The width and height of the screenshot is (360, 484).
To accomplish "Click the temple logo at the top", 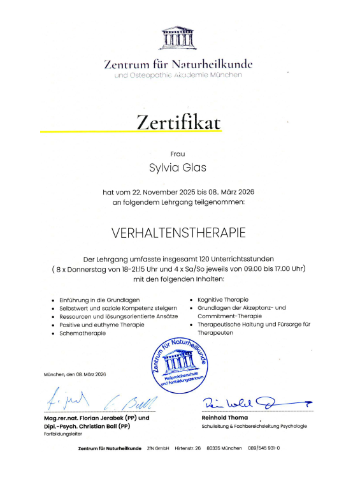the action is click(x=178, y=38).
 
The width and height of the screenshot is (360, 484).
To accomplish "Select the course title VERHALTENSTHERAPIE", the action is click(x=178, y=234).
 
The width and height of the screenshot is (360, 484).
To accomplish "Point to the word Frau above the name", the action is click(x=178, y=154).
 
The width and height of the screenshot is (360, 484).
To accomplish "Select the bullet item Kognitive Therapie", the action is click(x=223, y=299).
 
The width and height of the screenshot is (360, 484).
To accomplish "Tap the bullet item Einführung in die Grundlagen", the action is click(x=99, y=299).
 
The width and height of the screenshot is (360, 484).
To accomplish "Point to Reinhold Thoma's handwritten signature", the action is click(x=252, y=402).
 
